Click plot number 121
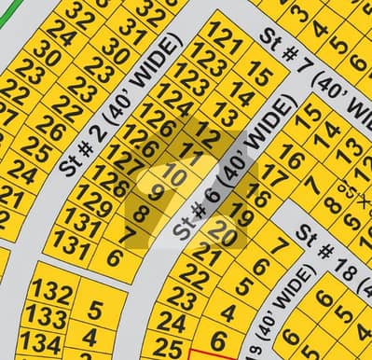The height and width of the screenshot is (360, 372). point(224,40)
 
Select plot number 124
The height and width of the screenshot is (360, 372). point(174,96)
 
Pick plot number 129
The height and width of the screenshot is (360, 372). point(93,197)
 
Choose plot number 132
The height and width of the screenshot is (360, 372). point(51,292)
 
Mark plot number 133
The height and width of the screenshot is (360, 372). point(46,317)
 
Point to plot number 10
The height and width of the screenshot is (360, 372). point(173,172)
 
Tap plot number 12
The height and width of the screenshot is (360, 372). point(209,136)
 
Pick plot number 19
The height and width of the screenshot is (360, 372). point(241,217)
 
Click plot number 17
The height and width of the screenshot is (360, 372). point(274,174)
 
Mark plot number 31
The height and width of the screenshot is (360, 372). point(133,38)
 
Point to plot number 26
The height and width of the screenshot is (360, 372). point(51,128)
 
